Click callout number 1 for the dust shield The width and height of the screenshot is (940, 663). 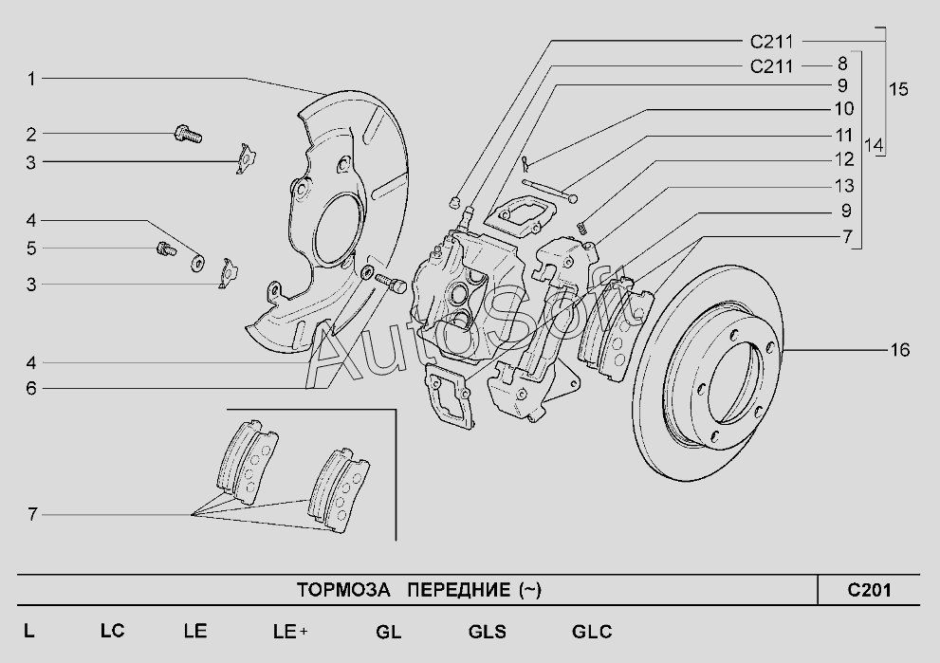(x=31, y=79)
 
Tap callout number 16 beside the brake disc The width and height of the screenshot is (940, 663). (x=899, y=349)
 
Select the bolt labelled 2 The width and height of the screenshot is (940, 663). (x=188, y=134)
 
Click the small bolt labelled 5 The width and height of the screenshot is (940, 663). (x=165, y=249)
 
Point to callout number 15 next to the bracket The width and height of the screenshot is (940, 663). (x=898, y=89)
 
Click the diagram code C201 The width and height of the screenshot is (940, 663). (x=869, y=591)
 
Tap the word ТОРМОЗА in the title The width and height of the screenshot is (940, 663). (x=343, y=591)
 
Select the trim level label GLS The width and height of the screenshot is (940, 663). (x=487, y=632)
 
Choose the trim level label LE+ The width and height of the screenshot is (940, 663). (x=290, y=632)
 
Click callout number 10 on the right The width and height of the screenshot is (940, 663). (x=843, y=109)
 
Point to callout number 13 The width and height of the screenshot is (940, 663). (x=844, y=186)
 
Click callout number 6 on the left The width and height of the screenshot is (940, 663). (x=31, y=389)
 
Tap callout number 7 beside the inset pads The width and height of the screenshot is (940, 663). (x=31, y=514)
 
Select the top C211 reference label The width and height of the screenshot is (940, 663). (x=771, y=42)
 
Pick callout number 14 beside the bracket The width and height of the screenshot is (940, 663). (x=874, y=145)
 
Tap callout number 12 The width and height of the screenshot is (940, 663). (x=844, y=159)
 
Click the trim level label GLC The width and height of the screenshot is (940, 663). (x=592, y=632)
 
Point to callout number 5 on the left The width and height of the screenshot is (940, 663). (x=31, y=249)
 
